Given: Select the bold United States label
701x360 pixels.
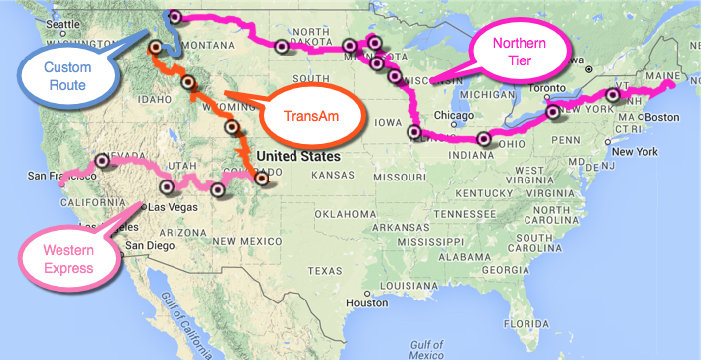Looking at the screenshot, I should tap(298, 156).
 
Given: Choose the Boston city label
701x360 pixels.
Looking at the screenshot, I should tap(658, 116).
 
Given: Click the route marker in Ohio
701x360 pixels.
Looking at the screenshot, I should tap(484, 139).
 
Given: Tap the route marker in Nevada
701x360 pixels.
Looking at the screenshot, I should tap(104, 159).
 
